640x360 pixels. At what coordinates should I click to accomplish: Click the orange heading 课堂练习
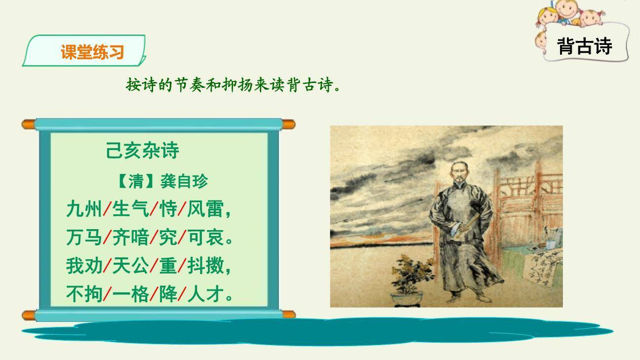click(x=92, y=52)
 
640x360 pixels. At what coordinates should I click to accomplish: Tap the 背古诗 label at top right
click(x=584, y=46)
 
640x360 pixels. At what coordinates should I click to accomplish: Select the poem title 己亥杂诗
click(x=142, y=151)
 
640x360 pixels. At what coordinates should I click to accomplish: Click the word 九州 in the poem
click(x=84, y=210)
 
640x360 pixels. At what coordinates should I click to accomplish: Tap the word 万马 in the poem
click(x=84, y=238)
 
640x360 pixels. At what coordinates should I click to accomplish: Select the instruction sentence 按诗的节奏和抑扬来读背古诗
click(x=233, y=85)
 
